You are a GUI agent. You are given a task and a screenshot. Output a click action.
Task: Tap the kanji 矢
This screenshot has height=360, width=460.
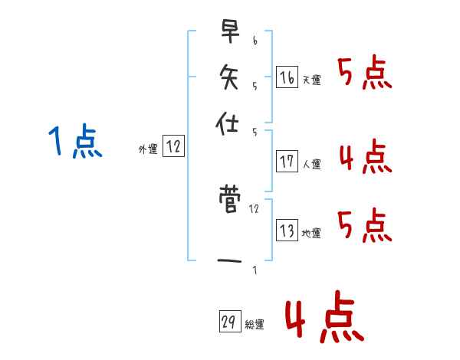(228, 77)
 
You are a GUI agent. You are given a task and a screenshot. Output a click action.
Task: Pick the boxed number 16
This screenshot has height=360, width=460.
(287, 77)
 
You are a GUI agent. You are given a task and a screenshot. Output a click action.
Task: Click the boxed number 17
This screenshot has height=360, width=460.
(287, 161)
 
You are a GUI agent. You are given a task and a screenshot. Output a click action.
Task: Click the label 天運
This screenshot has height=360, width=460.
(311, 80)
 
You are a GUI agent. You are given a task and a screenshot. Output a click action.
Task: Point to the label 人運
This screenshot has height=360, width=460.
(311, 164)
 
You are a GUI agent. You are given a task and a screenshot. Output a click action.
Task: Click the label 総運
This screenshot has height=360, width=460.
(254, 325)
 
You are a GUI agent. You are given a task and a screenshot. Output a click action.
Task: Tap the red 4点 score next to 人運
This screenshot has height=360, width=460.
(365, 157)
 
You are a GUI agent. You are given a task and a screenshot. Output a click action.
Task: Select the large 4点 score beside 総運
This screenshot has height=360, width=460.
(322, 320)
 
